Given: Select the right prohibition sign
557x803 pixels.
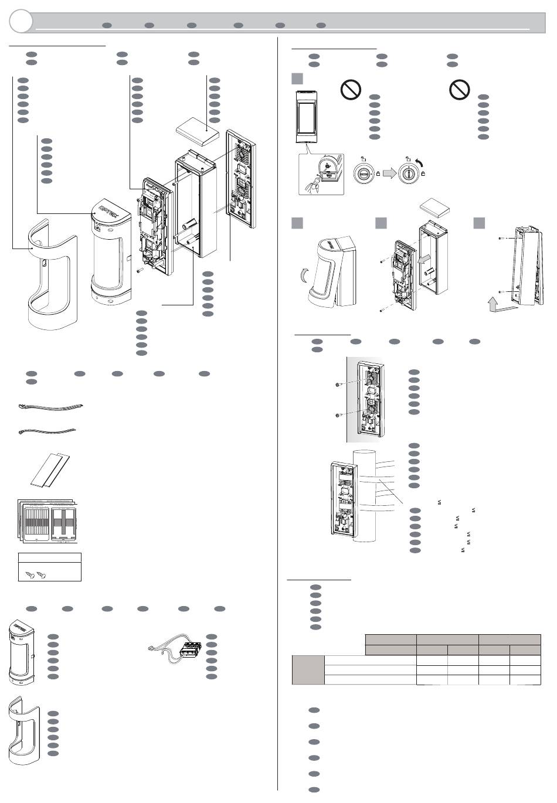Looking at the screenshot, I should (x=460, y=90).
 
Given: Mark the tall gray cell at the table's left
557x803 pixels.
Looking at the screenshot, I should (x=308, y=670).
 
